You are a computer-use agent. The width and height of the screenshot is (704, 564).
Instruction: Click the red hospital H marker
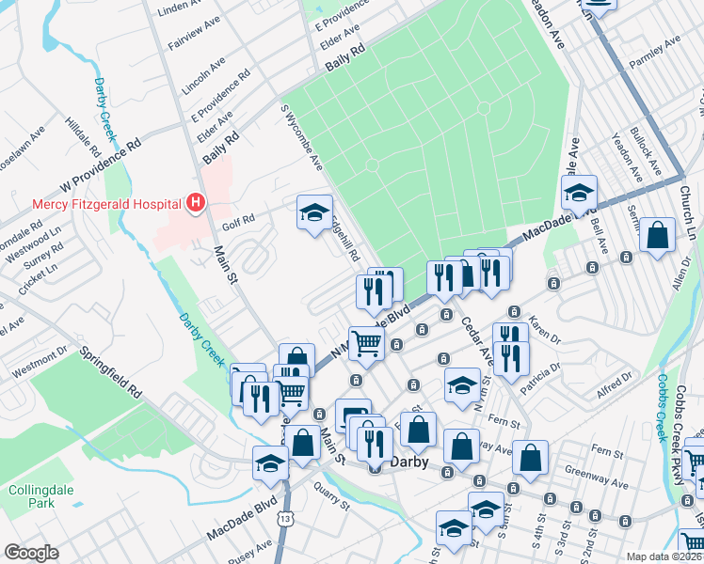click(196, 202)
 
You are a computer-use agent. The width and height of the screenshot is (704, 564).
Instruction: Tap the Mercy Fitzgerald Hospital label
click(105, 202)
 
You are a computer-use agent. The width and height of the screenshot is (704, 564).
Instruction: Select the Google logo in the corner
click(31, 553)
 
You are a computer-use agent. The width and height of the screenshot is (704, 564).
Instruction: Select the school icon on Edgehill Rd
click(314, 211)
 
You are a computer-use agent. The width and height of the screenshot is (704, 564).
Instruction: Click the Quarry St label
click(333, 494)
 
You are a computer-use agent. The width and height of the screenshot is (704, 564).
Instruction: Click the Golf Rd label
click(238, 224)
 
